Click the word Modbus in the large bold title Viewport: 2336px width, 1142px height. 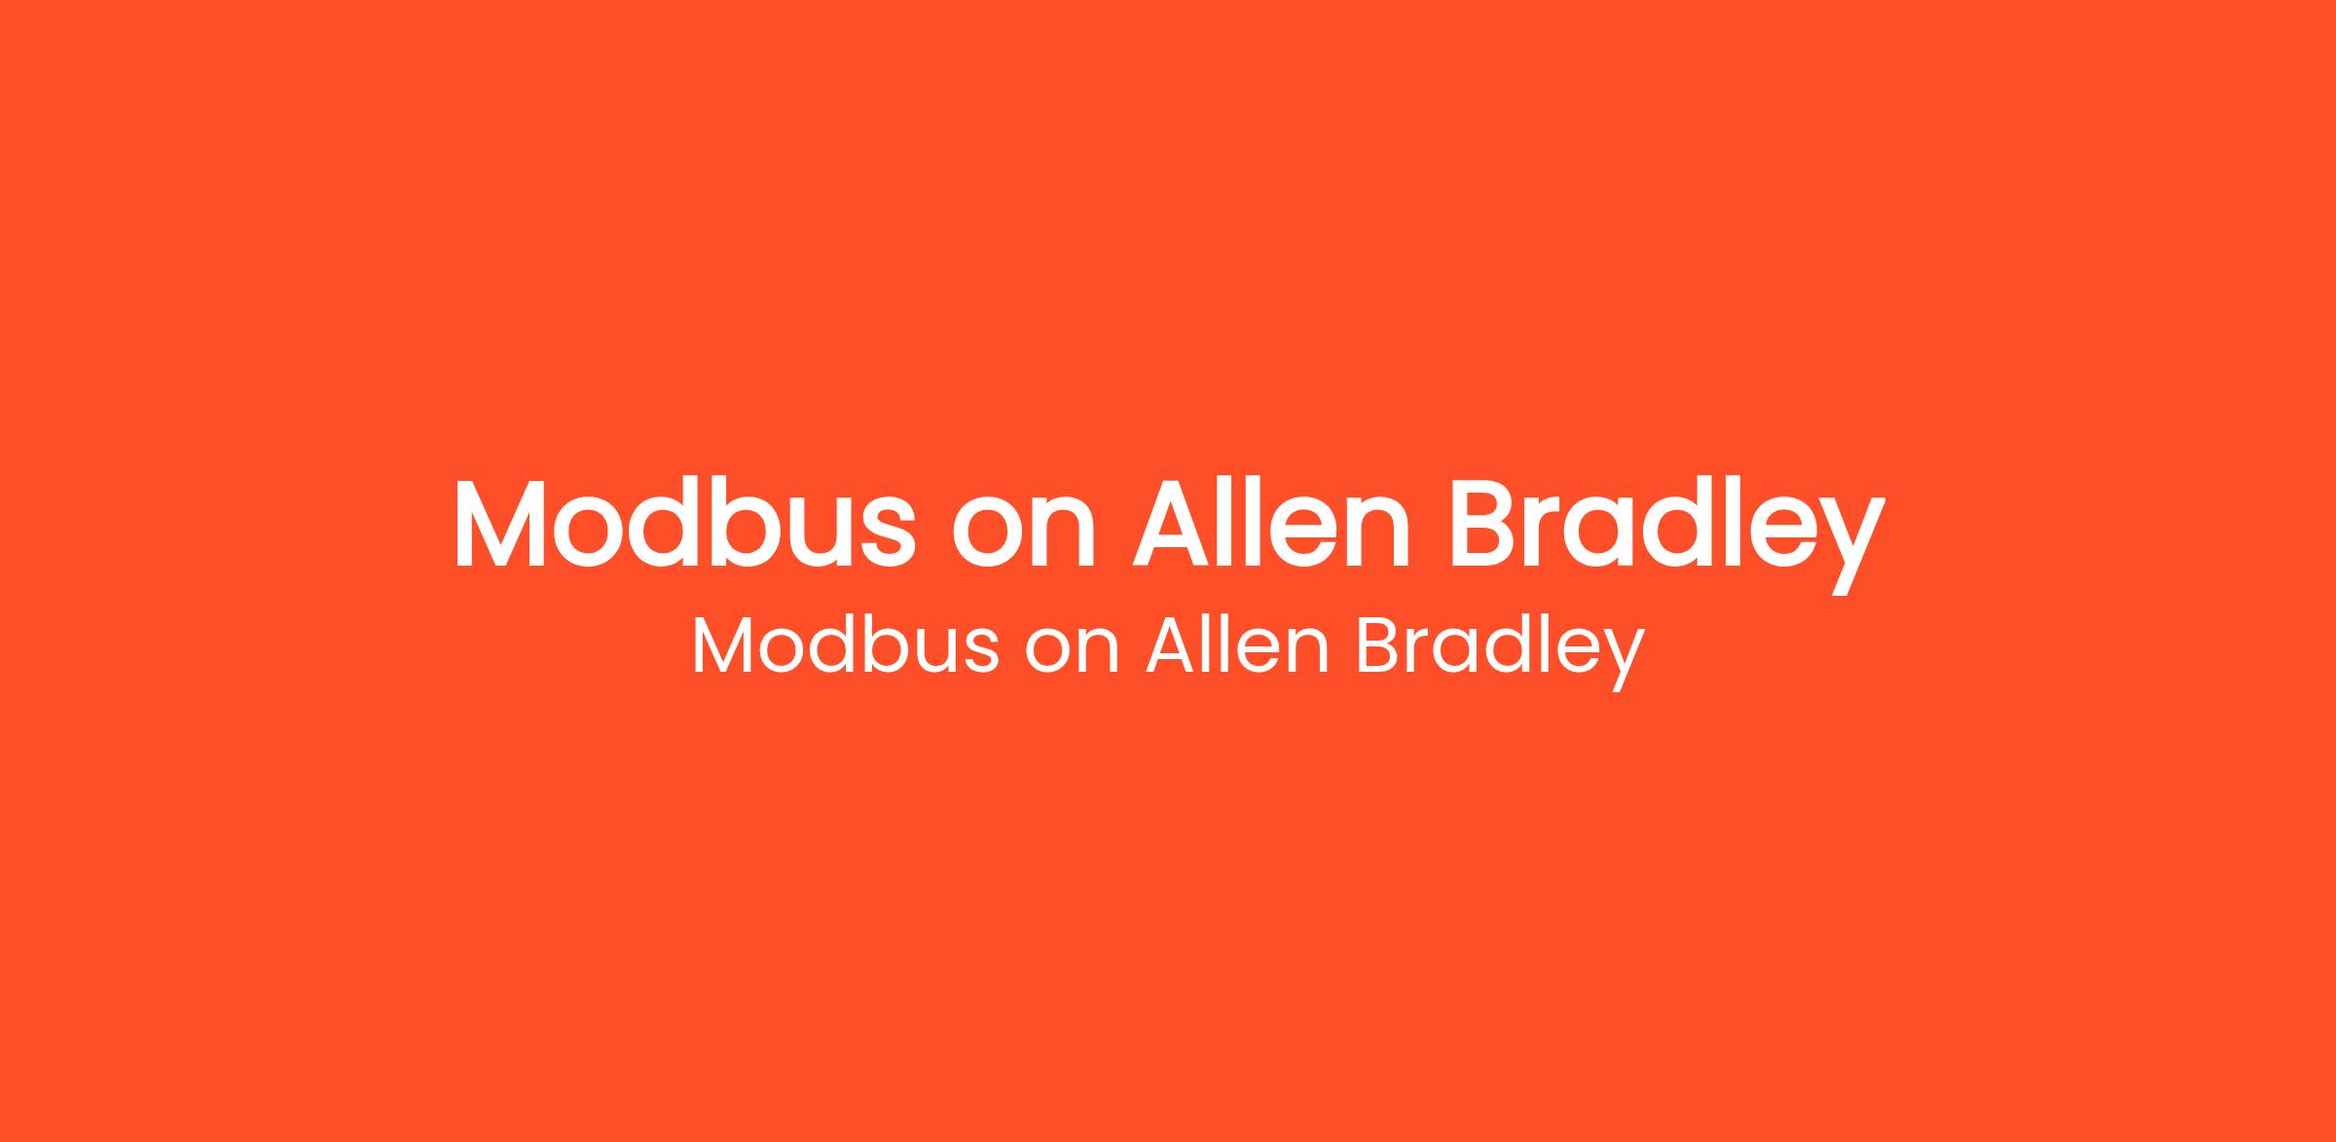pos(684,523)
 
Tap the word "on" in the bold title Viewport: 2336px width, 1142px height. pos(1024,534)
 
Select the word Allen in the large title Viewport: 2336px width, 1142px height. pos(1271,523)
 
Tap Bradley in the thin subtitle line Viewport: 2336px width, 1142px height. pos(1500,652)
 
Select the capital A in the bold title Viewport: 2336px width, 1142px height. pos(1171,523)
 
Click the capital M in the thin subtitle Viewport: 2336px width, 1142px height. pos(726,645)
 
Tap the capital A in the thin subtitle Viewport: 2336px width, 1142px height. pos(1171,645)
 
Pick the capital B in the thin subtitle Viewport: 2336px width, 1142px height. pos(1379,645)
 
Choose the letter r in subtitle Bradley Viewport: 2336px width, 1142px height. pos(1423,652)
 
